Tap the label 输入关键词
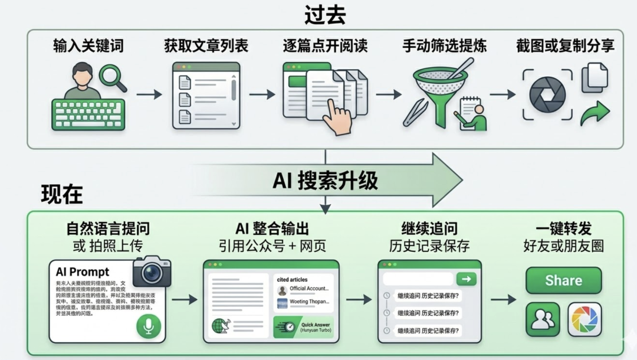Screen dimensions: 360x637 [x=88, y=46]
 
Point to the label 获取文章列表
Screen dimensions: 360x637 [x=206, y=46]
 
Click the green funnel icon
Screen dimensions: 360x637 [x=439, y=94]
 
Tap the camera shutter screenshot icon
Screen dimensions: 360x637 [x=547, y=95]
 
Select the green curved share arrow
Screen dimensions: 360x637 [x=594, y=113]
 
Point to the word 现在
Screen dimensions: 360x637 [x=61, y=194]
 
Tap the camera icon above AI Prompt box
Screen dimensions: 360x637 [x=152, y=271]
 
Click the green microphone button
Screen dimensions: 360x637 [x=148, y=326]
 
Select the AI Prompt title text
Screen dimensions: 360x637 [x=83, y=272]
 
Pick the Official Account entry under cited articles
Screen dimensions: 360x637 [x=303, y=289]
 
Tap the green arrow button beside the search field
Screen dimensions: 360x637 [x=466, y=279]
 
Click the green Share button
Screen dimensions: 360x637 [x=563, y=280]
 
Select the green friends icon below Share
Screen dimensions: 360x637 [x=543, y=319]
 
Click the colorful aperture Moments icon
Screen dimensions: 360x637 [x=585, y=319]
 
